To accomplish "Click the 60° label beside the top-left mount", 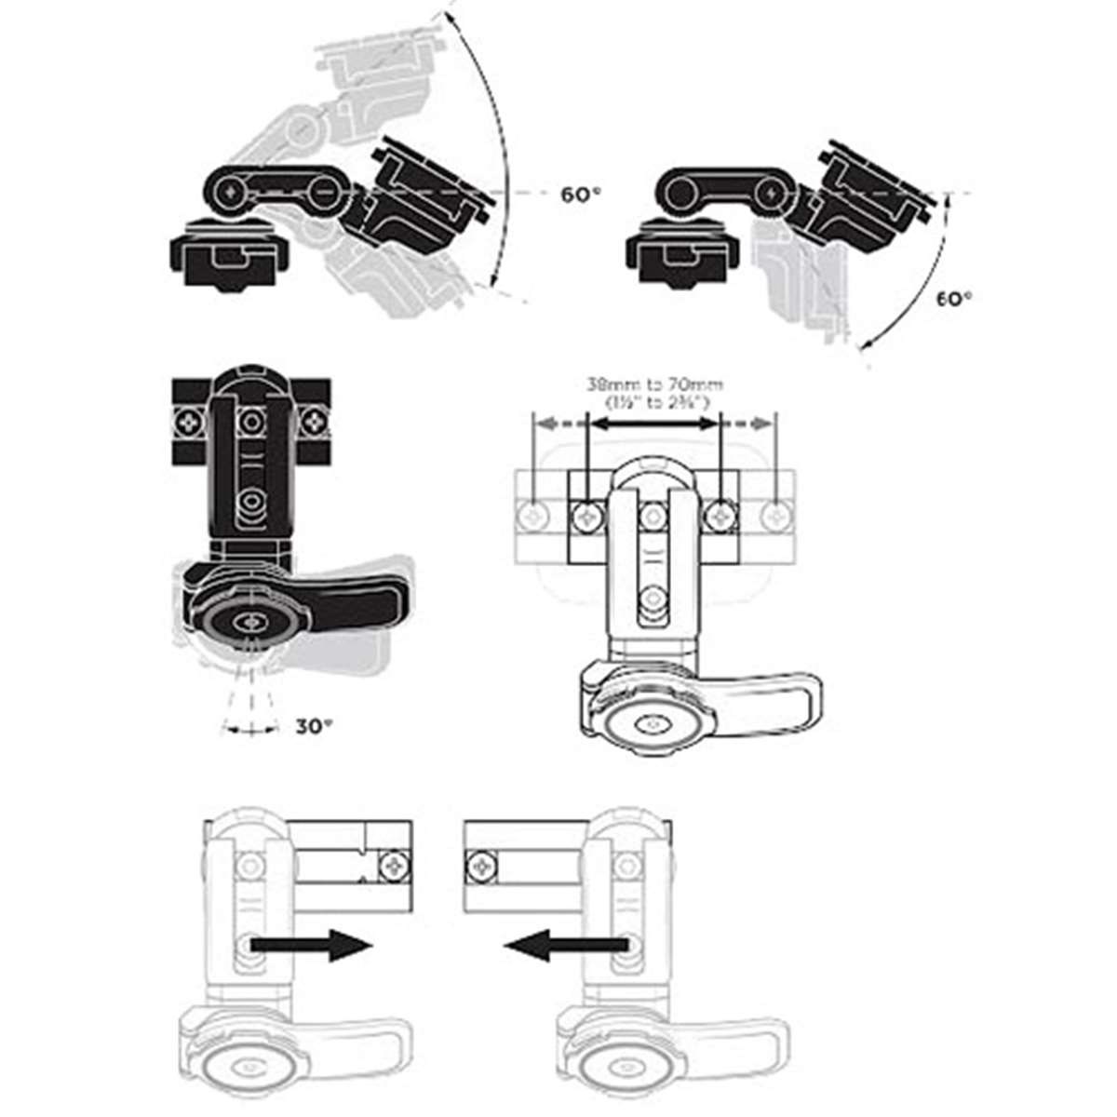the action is coord(581,195).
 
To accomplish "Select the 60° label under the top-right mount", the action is coord(953,299).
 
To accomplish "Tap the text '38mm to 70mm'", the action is coord(654,384).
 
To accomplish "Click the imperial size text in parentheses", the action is coord(654,403).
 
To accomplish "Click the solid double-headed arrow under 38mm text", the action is coord(653,424).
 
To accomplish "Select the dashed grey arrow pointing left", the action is coord(560,424).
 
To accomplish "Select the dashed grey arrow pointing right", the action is coord(747,424).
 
